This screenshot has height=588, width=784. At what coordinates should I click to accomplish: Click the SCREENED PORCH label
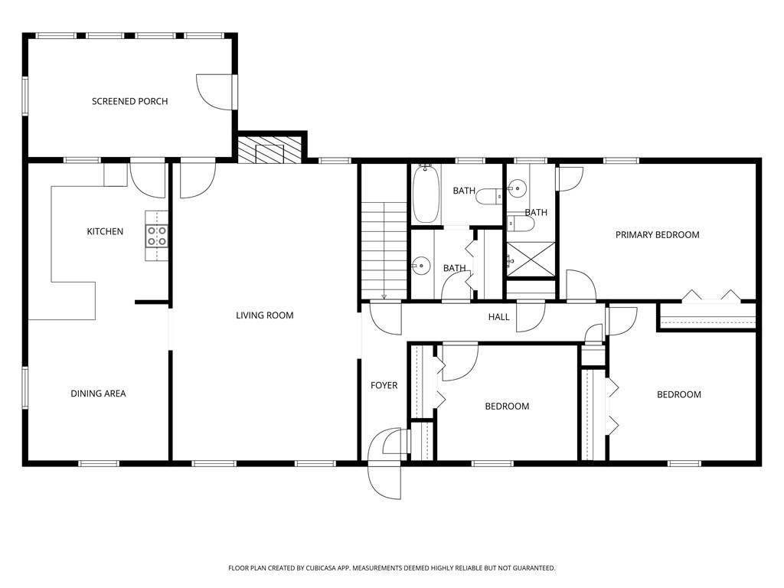[129, 101]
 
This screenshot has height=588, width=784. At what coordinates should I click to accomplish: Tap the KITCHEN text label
[105, 231]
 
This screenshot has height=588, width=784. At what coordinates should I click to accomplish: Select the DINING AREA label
[98, 394]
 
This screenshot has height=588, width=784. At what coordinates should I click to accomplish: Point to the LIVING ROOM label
[264, 315]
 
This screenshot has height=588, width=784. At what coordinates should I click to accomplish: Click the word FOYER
[384, 385]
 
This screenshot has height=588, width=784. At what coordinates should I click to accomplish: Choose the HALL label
[499, 317]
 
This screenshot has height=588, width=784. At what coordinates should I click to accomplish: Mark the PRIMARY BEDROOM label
[657, 235]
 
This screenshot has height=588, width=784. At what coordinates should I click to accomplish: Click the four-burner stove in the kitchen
[157, 236]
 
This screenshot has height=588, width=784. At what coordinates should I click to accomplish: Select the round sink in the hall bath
[420, 266]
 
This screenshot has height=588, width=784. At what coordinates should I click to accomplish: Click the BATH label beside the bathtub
[464, 191]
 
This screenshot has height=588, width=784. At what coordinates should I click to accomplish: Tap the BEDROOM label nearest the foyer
[507, 406]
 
